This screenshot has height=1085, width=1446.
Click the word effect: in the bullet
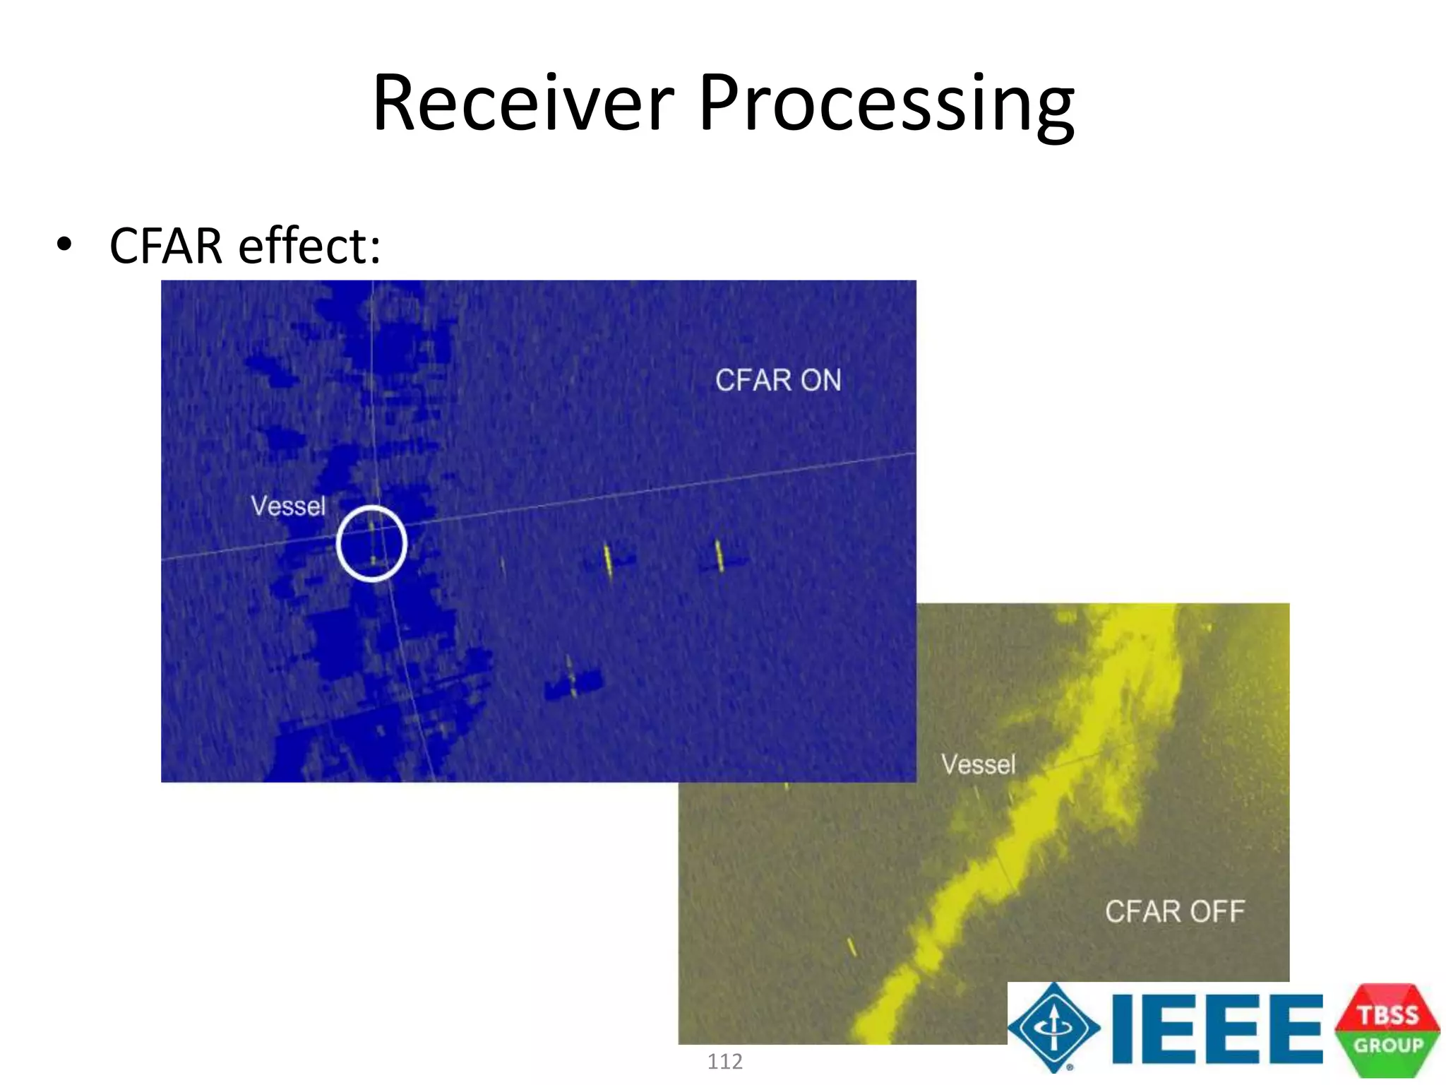pyautogui.click(x=309, y=246)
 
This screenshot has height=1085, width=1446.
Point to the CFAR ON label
pyautogui.click(x=778, y=380)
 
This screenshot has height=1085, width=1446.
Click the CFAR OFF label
pyautogui.click(x=1174, y=911)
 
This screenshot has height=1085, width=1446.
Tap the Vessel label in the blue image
pyautogui.click(x=288, y=506)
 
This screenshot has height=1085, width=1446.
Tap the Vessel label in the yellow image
pyautogui.click(x=978, y=764)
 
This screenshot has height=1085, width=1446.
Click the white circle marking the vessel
pyautogui.click(x=371, y=543)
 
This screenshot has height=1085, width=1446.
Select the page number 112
pyautogui.click(x=724, y=1061)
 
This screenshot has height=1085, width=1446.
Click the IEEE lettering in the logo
pyautogui.click(x=1216, y=1028)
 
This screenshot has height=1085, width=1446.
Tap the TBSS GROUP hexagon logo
pyautogui.click(x=1387, y=1030)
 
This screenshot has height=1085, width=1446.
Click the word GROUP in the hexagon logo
pyautogui.click(x=1387, y=1045)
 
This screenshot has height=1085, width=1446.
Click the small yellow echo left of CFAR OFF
pyautogui.click(x=852, y=947)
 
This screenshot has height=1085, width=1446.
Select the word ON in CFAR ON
pyautogui.click(x=820, y=380)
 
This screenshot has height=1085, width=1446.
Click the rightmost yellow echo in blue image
pyautogui.click(x=719, y=557)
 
